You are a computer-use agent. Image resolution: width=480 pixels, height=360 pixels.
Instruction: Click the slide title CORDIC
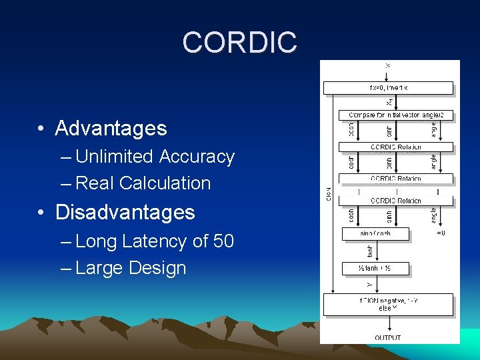pyautogui.click(x=239, y=43)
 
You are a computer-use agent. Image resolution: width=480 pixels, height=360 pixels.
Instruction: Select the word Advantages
pyautogui.click(x=111, y=128)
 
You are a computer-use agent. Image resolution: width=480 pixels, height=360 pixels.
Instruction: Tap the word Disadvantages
pyautogui.click(x=125, y=212)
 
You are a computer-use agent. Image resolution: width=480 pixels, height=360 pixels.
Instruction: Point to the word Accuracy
pyautogui.click(x=197, y=157)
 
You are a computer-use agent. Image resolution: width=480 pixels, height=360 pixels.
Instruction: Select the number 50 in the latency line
pyautogui.click(x=223, y=241)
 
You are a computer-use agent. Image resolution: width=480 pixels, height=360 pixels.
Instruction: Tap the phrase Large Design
pyautogui.click(x=131, y=268)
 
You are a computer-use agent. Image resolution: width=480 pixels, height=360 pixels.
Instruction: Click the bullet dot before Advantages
pyautogui.click(x=42, y=129)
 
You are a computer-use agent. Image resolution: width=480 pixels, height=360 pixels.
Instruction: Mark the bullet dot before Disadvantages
pyautogui.click(x=42, y=213)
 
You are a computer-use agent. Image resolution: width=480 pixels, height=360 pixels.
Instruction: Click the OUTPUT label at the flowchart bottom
pyautogui.click(x=388, y=338)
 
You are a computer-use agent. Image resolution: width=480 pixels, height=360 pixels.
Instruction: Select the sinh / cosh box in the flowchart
pyautogui.click(x=375, y=234)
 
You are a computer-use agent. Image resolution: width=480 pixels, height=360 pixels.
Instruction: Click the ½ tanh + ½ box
pyautogui.click(x=375, y=269)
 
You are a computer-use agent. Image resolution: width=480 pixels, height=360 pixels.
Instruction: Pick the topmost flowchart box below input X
pyautogui.click(x=388, y=88)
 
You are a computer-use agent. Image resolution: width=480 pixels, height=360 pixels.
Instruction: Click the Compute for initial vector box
pyautogui.click(x=396, y=115)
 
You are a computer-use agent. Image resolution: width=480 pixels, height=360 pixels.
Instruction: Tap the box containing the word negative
pyautogui.click(x=388, y=304)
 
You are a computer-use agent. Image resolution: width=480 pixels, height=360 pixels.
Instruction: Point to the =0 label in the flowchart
pyautogui.click(x=441, y=233)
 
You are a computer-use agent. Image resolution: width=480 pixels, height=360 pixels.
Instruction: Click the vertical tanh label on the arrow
pyautogui.click(x=371, y=251)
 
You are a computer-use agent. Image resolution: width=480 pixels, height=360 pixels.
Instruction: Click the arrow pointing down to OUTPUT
pyautogui.click(x=388, y=325)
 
